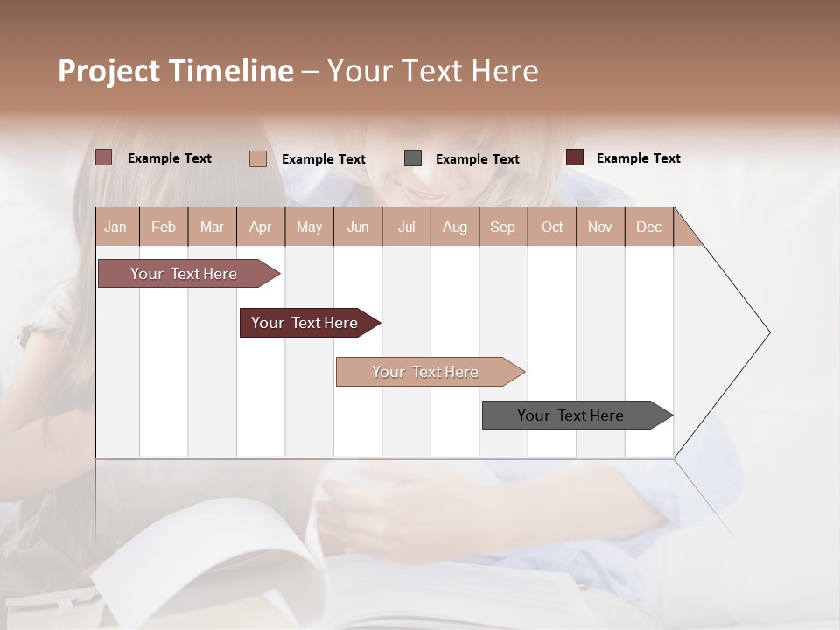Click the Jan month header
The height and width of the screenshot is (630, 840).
(x=116, y=227)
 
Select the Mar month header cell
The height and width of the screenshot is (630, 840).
(x=212, y=227)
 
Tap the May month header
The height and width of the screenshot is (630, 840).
(x=309, y=227)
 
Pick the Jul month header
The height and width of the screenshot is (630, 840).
(x=406, y=227)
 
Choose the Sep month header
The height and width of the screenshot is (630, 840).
(x=502, y=227)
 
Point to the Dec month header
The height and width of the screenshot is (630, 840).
(x=648, y=227)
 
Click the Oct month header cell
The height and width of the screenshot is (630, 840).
(x=551, y=227)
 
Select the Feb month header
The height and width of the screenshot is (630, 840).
(x=164, y=227)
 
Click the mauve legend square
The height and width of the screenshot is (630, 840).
(x=104, y=157)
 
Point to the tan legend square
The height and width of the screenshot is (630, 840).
(x=258, y=158)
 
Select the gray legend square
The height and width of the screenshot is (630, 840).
(x=413, y=158)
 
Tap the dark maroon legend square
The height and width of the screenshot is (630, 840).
(x=575, y=157)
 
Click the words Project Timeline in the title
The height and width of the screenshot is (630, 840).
(x=175, y=71)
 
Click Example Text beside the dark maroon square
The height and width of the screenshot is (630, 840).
(x=638, y=158)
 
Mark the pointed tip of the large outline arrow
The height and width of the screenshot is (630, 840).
(x=768, y=332)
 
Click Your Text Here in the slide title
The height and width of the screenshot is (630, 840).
(x=432, y=71)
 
